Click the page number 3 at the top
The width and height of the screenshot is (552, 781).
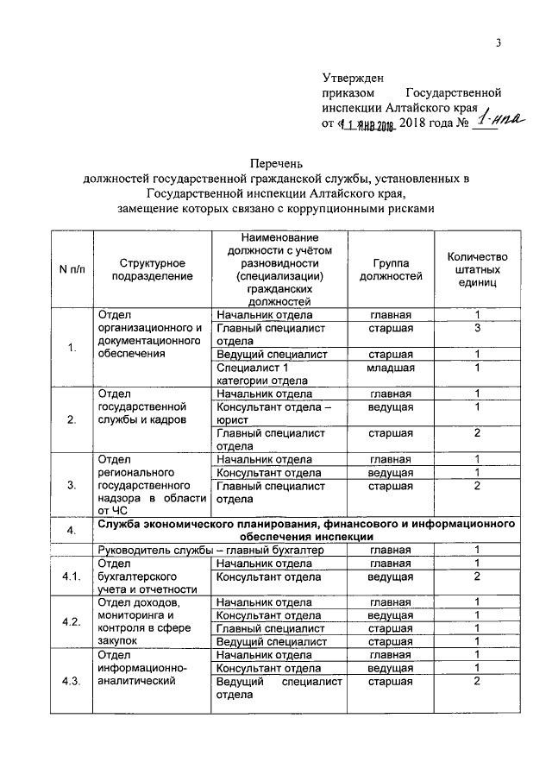pos(499,46)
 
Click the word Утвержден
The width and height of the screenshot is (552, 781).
pos(353,79)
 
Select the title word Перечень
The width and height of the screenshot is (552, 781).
pos(276,163)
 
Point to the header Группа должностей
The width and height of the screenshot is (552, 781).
pos(397,269)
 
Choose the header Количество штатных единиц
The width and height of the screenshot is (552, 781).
pos(477,269)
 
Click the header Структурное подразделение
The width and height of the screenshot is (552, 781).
pos(151,269)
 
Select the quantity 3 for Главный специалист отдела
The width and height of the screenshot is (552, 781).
pos(476,329)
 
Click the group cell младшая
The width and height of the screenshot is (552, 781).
pos(391,368)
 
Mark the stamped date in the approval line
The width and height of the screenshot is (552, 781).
pos(367,126)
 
